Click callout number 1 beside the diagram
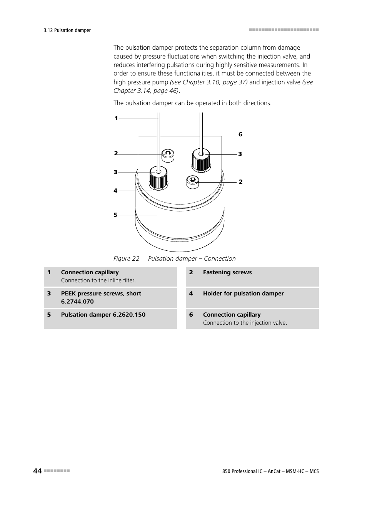(116, 119)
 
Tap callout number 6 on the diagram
(240, 134)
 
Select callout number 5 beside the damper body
(115, 215)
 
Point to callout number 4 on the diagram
(115, 191)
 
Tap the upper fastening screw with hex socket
(168, 155)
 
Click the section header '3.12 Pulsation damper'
(67, 30)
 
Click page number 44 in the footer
(37, 471)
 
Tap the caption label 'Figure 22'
(126, 258)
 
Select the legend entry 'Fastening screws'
(227, 272)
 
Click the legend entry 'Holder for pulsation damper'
(243, 294)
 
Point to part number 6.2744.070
(77, 302)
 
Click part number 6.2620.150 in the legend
(129, 315)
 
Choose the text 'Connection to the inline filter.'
(98, 280)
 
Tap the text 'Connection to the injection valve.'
(245, 323)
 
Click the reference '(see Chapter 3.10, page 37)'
(209, 82)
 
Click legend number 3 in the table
(49, 294)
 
